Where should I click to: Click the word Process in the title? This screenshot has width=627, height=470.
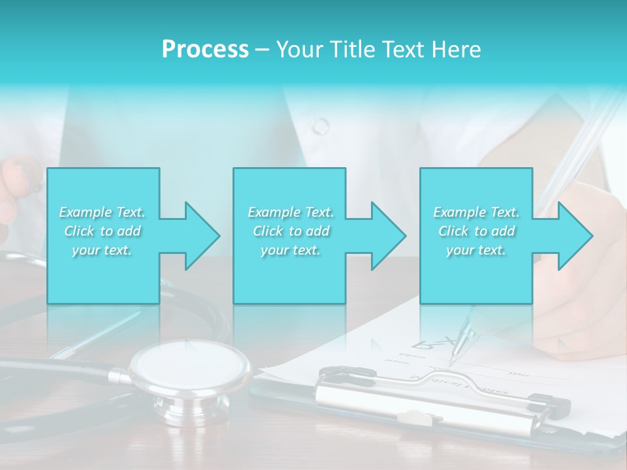[x=205, y=50]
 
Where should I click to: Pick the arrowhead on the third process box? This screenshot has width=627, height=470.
[x=575, y=236]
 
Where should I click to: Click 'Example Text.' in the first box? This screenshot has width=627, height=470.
[x=102, y=212]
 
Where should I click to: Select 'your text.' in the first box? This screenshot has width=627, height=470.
[x=102, y=250]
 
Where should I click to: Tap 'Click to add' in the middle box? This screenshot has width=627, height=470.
[x=291, y=231]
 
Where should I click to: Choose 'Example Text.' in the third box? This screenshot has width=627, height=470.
[x=476, y=212]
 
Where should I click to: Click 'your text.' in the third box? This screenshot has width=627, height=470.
[x=476, y=250]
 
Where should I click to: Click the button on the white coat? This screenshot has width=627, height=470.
[x=321, y=125]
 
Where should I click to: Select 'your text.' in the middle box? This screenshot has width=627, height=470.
[x=291, y=250]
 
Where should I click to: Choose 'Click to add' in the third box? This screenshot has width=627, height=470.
[x=476, y=231]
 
